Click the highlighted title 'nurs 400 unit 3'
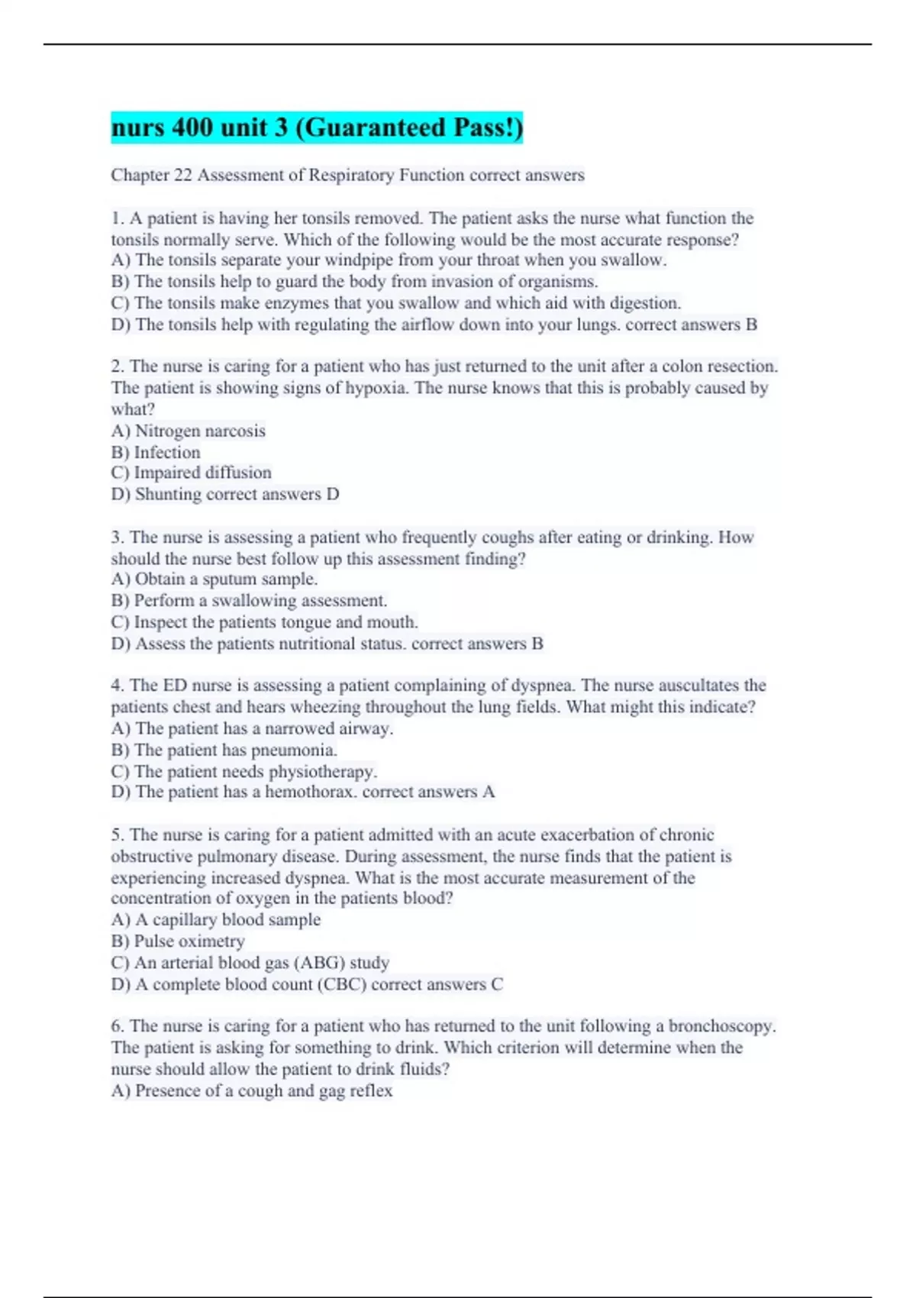pyautogui.click(x=317, y=128)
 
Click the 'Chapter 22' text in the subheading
pyautogui.click(x=151, y=176)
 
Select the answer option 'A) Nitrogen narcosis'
pyautogui.click(x=189, y=431)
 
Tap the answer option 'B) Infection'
pyautogui.click(x=156, y=453)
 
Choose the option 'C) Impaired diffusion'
pyautogui.click(x=191, y=473)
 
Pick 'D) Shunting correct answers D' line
pyautogui.click(x=225, y=495)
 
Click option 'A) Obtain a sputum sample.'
pyautogui.click(x=214, y=580)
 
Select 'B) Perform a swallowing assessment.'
pyautogui.click(x=249, y=601)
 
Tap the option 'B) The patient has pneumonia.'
pyautogui.click(x=224, y=751)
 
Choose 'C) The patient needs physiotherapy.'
pyautogui.click(x=244, y=772)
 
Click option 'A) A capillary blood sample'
pyautogui.click(x=216, y=920)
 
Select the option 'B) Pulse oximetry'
pyautogui.click(x=178, y=941)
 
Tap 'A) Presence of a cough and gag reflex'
pyautogui.click(x=252, y=1091)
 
